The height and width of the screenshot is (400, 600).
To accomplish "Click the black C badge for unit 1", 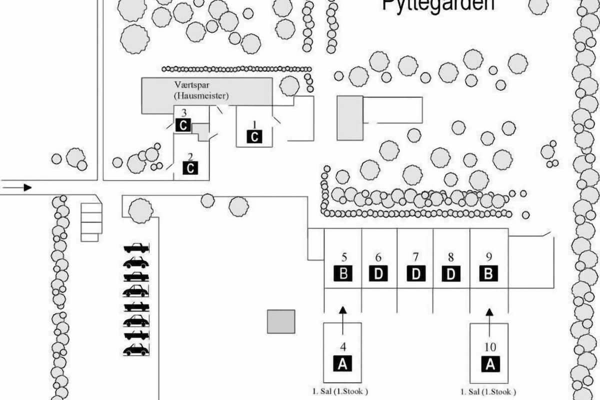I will [254, 136].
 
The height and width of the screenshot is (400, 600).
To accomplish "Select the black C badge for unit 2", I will [190, 168].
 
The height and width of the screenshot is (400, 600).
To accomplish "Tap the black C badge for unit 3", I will [183, 125].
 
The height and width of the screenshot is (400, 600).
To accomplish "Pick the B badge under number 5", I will [343, 274].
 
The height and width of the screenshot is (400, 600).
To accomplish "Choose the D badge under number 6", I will [378, 274].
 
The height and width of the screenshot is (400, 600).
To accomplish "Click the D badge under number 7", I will [415, 274].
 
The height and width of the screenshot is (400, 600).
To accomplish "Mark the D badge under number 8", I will [451, 274].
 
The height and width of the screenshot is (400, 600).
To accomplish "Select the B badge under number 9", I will [489, 274].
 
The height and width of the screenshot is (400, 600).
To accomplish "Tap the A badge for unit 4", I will [342, 363].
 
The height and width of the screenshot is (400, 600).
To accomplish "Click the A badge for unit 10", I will [490, 364].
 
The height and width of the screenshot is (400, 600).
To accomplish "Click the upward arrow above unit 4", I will [342, 320].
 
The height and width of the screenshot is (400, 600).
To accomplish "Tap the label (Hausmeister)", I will [201, 95].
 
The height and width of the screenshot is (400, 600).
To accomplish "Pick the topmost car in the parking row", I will [136, 247].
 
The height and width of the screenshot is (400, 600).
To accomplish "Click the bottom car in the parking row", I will [136, 350].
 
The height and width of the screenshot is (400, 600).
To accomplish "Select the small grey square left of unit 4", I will [281, 321].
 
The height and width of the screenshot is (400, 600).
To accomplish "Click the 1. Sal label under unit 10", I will [488, 391].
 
